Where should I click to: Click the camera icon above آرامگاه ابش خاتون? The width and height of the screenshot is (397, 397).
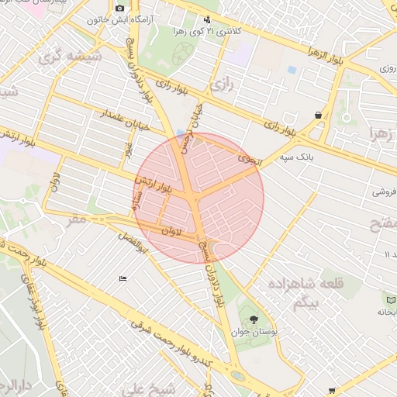119,9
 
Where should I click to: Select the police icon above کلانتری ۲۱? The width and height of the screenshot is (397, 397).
206,21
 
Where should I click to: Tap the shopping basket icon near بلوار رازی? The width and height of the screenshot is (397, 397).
319,116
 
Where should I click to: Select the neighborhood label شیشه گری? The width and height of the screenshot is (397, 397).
61,55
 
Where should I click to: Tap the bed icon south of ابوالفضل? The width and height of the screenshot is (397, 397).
123,279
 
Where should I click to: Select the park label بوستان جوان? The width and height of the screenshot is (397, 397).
254,332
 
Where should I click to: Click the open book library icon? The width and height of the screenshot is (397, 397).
387,299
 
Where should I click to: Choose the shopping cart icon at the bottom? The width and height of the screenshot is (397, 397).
333,390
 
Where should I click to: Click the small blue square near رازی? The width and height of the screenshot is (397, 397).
292,70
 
